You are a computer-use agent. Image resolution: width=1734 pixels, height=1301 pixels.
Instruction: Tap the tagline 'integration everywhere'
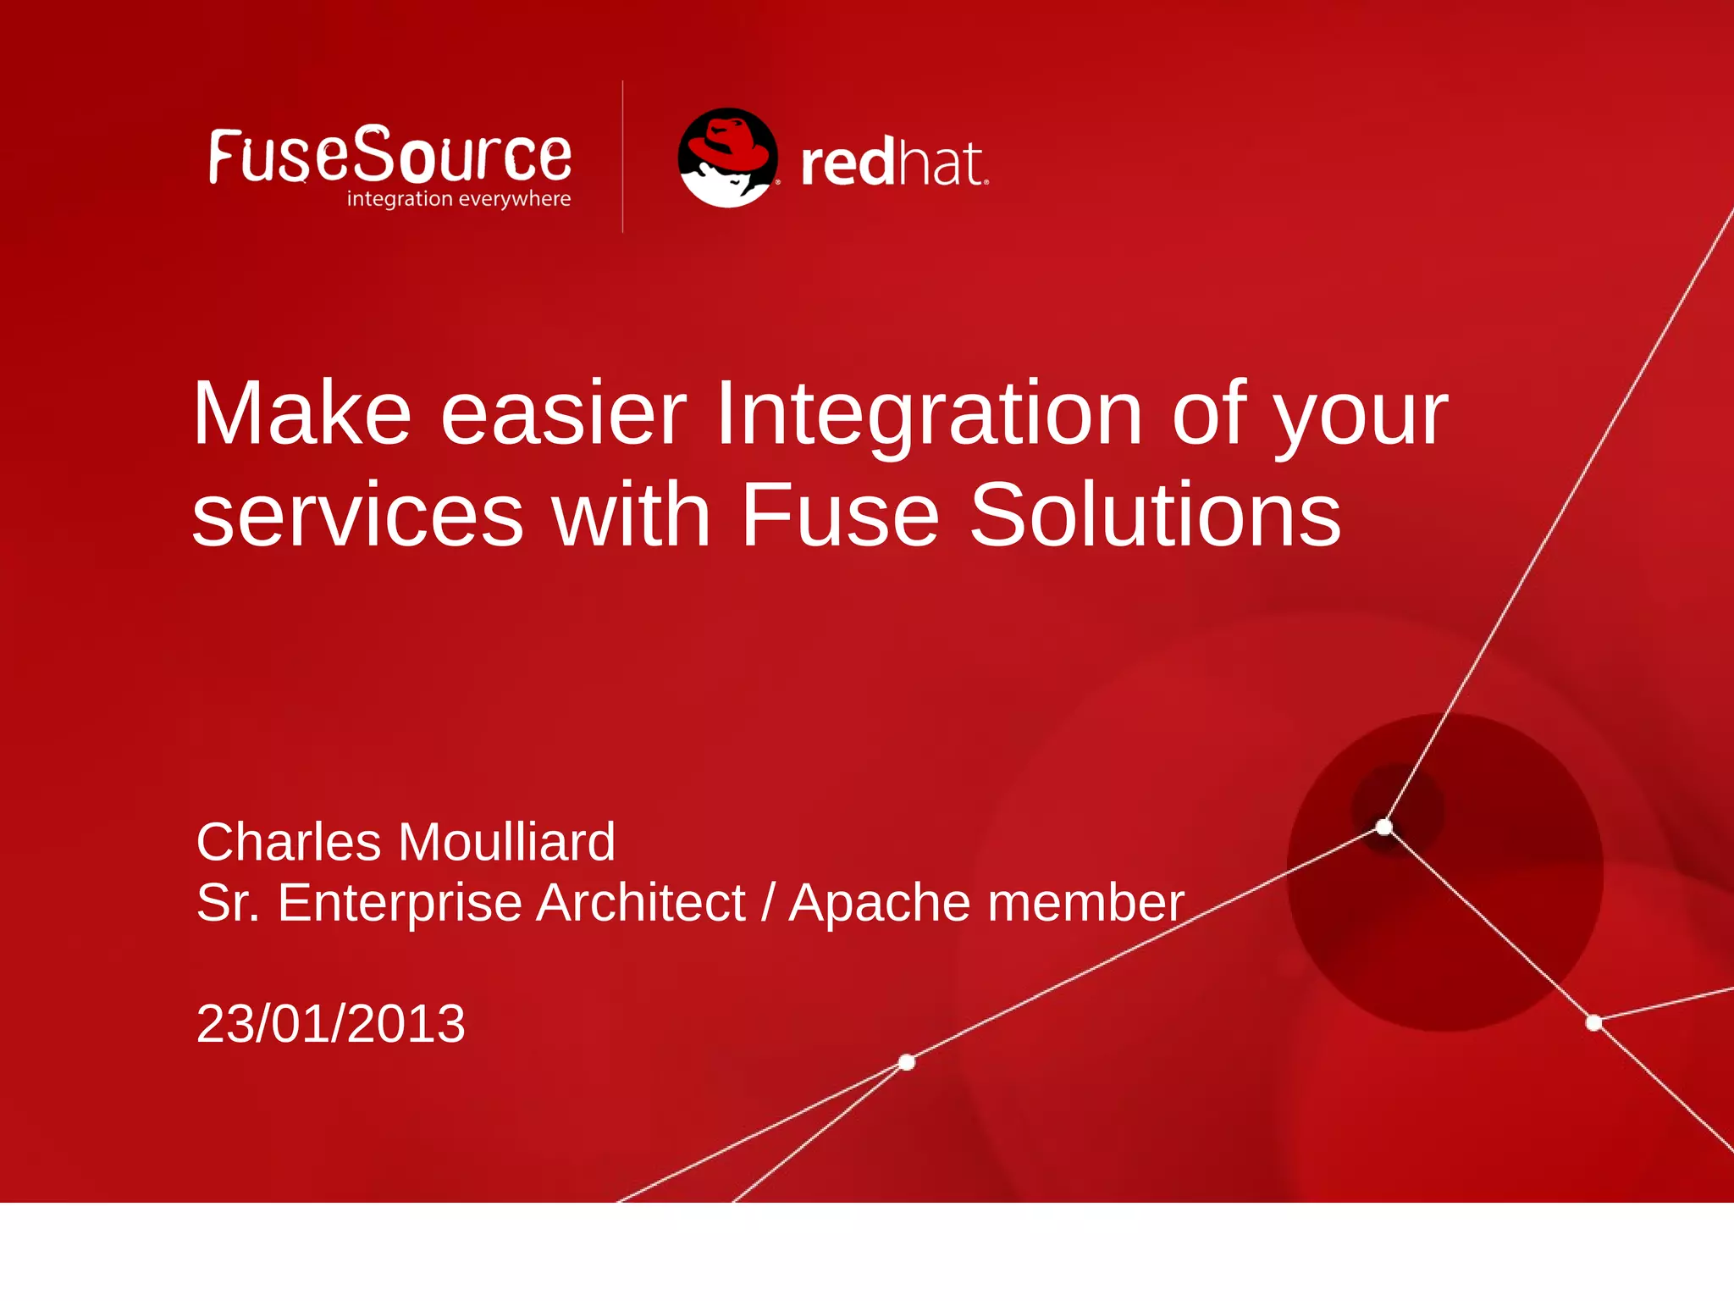[x=458, y=199]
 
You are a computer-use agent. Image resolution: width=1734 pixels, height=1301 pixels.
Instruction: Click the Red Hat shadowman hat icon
[x=727, y=158]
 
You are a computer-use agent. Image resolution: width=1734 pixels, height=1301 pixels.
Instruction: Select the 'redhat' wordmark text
[x=893, y=163]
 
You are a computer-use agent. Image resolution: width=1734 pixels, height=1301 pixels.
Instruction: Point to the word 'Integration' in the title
[x=929, y=415]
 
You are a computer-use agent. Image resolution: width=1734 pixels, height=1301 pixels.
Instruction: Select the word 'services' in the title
[x=357, y=515]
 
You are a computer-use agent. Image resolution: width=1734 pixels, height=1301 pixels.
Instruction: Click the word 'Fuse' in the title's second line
[x=840, y=515]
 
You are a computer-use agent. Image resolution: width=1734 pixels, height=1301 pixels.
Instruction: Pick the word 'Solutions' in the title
[x=1155, y=515]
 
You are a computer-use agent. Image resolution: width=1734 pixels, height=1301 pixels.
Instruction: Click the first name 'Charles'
[x=289, y=842]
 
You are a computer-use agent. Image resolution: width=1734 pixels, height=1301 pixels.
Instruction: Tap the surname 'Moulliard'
[x=506, y=842]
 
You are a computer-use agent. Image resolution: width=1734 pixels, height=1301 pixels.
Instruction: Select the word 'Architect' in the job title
[x=641, y=902]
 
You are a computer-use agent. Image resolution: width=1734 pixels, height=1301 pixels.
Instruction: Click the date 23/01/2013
[x=330, y=1023]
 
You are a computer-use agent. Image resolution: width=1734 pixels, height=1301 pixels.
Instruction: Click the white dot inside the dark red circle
[x=1384, y=827]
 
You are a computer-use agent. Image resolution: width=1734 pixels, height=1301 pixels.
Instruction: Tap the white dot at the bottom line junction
[x=907, y=1062]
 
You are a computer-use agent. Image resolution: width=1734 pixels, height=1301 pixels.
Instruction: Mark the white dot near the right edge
[x=1593, y=1023]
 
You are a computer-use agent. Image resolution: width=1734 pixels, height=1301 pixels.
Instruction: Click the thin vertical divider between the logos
[x=623, y=157]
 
